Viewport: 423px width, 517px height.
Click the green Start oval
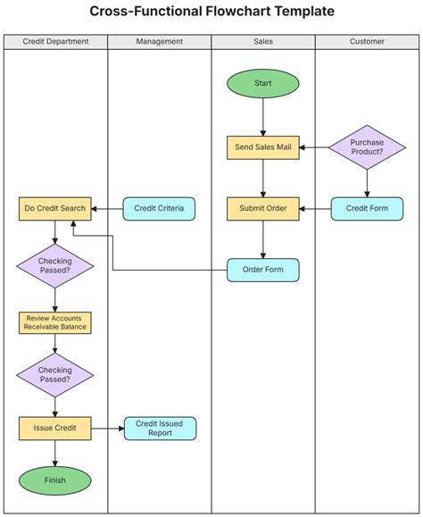(x=263, y=83)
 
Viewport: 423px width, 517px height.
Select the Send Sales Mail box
(x=263, y=146)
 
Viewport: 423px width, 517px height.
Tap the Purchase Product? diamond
(x=367, y=146)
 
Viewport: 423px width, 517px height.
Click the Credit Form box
(x=367, y=209)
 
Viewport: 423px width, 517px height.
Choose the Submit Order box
(x=263, y=209)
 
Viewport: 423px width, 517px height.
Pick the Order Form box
(x=263, y=270)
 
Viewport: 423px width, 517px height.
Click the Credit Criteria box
(x=159, y=209)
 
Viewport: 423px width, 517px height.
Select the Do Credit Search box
(x=55, y=209)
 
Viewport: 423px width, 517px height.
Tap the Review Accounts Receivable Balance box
(x=55, y=322)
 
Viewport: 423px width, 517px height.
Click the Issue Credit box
(x=55, y=429)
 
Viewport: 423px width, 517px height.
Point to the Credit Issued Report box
(x=160, y=429)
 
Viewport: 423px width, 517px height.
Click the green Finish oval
(x=55, y=480)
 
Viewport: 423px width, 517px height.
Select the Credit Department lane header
(x=55, y=42)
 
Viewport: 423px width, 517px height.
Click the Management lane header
(x=160, y=42)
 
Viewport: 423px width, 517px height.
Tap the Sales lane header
(x=263, y=42)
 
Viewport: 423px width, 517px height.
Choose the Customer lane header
(x=367, y=42)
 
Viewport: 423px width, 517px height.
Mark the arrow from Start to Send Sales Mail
(x=263, y=116)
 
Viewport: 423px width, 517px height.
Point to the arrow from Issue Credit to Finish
(x=55, y=454)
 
